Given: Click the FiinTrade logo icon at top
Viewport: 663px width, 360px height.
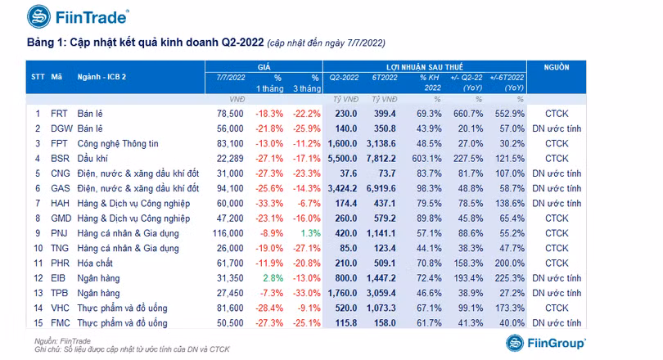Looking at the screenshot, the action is tap(39, 16).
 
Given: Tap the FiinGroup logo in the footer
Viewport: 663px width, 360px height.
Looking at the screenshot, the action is tap(545, 343).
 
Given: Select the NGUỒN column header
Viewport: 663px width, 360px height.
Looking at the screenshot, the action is tap(557, 67).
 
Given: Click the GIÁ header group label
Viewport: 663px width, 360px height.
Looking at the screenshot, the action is tap(264, 67).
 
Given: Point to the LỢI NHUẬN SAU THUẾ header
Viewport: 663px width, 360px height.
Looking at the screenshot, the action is tap(425, 67).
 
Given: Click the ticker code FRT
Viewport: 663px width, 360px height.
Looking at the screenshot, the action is tap(59, 114).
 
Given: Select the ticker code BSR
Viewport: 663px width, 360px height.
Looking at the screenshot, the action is tap(60, 159).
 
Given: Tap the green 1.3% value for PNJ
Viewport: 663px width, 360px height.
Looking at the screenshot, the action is tap(311, 233).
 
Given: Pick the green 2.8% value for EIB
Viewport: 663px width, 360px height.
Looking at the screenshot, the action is tap(273, 278).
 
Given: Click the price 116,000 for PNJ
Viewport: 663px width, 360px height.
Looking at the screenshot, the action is tap(228, 233).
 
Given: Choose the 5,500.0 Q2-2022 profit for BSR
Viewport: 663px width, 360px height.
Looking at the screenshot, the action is tap(342, 159).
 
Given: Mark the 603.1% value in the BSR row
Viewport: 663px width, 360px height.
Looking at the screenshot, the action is tap(426, 159).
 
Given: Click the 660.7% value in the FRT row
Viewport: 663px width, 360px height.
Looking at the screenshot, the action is tap(468, 114).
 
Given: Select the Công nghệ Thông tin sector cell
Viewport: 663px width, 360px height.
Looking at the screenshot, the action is tap(118, 144).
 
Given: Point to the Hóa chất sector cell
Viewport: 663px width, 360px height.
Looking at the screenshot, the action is tap(95, 263).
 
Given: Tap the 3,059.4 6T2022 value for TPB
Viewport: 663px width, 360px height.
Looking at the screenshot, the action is tap(381, 293).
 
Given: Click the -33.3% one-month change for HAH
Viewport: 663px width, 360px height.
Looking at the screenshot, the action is tap(269, 203).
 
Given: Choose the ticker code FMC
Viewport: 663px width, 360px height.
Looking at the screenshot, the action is tap(60, 323).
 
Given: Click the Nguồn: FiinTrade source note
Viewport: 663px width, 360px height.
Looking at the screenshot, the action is tap(62, 341).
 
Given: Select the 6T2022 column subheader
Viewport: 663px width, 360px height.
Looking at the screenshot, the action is tap(385, 78).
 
